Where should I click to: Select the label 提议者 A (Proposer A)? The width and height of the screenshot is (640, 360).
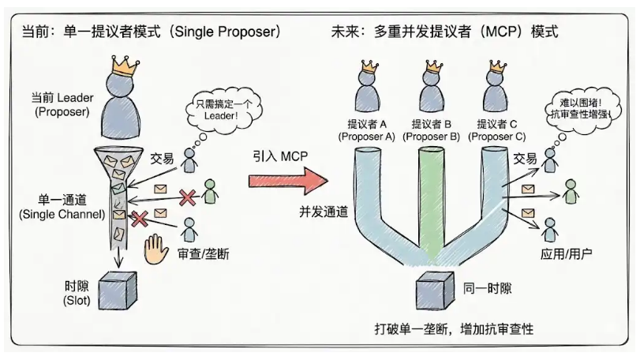coord(366,130)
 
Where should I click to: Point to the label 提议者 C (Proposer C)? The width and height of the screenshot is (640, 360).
coord(497,130)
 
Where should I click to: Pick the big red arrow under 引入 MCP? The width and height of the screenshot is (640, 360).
coord(286,180)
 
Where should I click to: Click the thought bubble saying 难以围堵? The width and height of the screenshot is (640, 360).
coord(583,110)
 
